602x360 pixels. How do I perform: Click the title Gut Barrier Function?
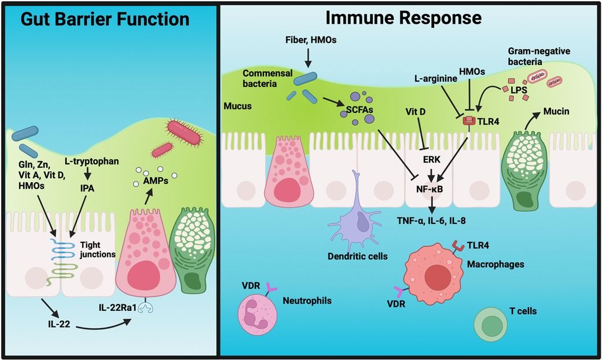(105, 19)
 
